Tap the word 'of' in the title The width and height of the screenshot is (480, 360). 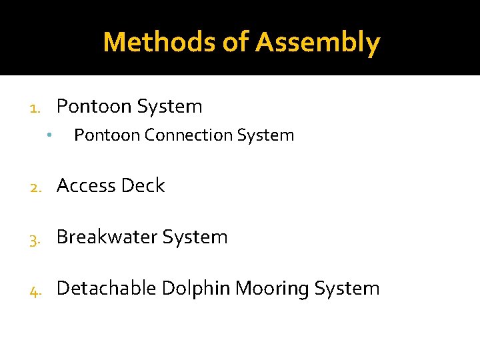pyautogui.click(x=236, y=42)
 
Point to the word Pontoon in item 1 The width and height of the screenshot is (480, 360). pyautogui.click(x=92, y=107)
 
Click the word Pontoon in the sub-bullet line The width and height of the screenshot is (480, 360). pyautogui.click(x=107, y=135)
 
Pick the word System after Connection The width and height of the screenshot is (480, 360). pyautogui.click(x=263, y=135)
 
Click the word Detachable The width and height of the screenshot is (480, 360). pyautogui.click(x=107, y=289)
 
